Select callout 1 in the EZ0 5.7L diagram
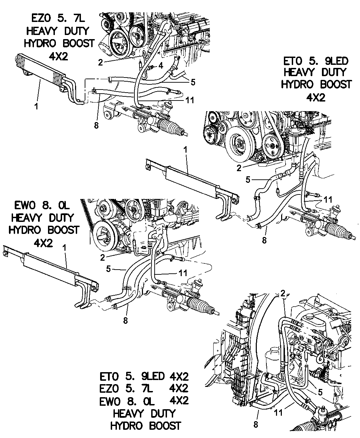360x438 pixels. [36, 106]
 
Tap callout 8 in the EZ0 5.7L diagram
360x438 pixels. [96, 125]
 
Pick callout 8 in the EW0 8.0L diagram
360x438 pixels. [125, 320]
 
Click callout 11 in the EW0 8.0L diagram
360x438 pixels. [183, 273]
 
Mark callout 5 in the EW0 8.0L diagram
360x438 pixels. [108, 269]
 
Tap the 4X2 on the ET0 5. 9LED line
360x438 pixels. [178, 376]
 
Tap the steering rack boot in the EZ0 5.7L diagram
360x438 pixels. [173, 127]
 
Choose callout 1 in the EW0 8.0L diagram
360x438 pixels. [64, 247]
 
